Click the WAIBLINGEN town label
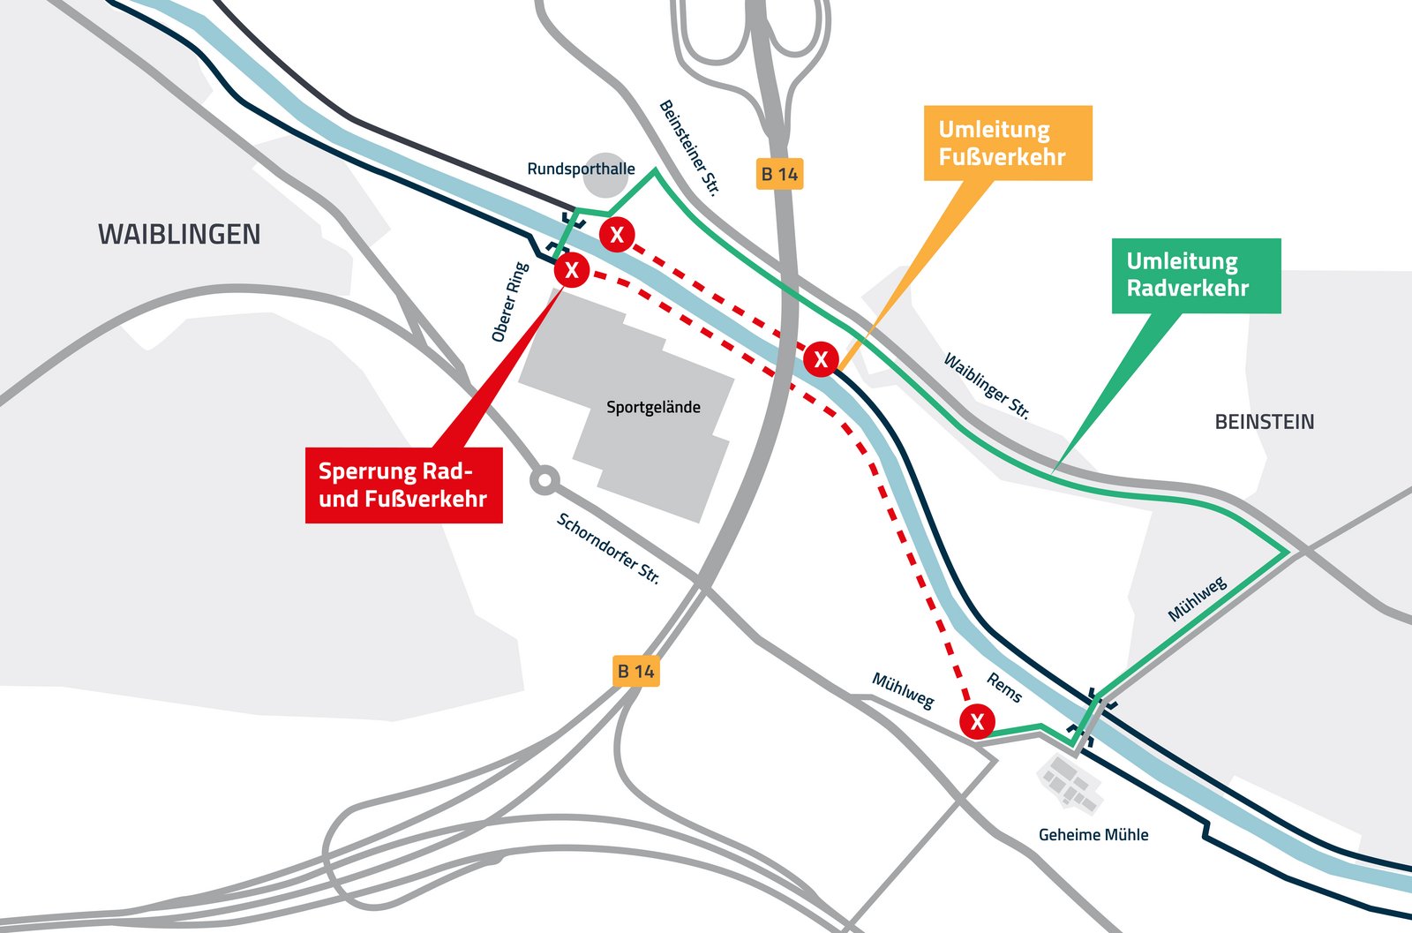[179, 235]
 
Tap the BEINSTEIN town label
[1264, 422]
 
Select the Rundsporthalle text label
[581, 169]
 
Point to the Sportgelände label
[653, 407]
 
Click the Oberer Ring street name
[510, 302]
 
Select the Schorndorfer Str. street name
[608, 548]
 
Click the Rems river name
[1004, 688]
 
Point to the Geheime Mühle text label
[1093, 834]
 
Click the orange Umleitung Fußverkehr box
[1008, 143]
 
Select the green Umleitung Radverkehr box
[1196, 275]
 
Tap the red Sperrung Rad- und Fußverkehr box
[403, 485]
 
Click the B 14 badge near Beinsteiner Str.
[779, 174]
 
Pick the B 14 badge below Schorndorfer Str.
[635, 671]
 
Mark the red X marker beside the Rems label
[977, 722]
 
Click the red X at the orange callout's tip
[821, 359]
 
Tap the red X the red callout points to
[572, 270]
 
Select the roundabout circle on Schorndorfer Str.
[545, 481]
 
